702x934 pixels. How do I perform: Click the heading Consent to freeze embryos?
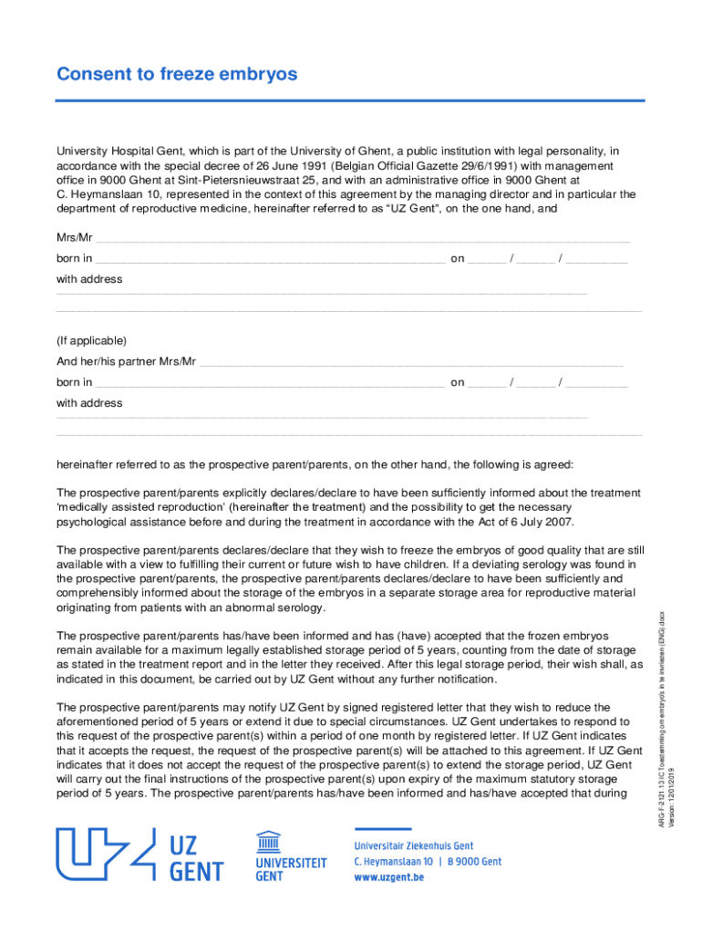pos(177,75)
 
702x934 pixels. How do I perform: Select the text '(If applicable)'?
pos(92,341)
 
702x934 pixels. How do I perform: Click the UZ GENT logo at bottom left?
pos(139,856)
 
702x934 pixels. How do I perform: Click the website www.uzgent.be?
pos(389,877)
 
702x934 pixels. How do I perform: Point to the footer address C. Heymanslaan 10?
pos(395,862)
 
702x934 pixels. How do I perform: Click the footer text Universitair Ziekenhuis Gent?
pos(414,846)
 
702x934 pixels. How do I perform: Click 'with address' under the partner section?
pos(89,403)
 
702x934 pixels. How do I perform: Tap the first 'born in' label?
pos(74,259)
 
